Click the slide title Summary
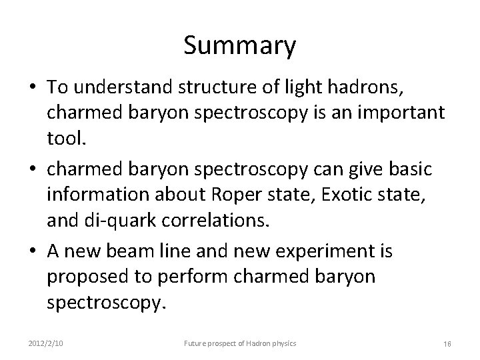click(x=239, y=46)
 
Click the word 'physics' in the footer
click(x=283, y=343)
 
